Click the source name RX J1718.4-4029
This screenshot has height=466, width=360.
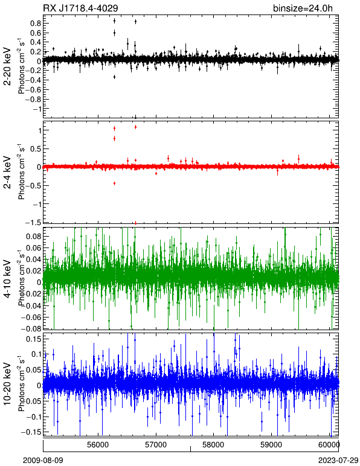click(x=80, y=8)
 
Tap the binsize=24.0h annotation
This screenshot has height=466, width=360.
click(x=303, y=8)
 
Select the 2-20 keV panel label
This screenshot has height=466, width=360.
click(x=7, y=66)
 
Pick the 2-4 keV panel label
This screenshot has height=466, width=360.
click(x=7, y=173)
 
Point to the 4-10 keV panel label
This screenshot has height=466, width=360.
click(x=7, y=278)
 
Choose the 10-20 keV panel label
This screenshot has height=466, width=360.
click(x=7, y=384)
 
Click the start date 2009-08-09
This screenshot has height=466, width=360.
click(x=43, y=461)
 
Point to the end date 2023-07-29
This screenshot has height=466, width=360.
click(x=338, y=461)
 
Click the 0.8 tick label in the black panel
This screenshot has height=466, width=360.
click(x=36, y=23)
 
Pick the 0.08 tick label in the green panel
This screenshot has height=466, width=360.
click(x=33, y=236)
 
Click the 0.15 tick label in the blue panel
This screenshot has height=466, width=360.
click(x=33, y=339)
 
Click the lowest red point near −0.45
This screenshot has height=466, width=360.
click(x=114, y=184)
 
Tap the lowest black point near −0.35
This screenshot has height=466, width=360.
click(x=114, y=77)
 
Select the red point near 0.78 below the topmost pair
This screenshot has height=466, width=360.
click(x=114, y=138)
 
